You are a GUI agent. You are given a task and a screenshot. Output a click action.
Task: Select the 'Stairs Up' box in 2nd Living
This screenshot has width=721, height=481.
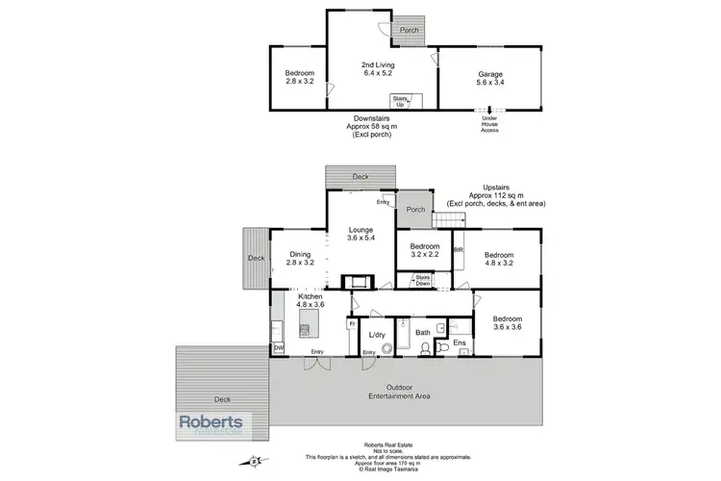click(399, 99)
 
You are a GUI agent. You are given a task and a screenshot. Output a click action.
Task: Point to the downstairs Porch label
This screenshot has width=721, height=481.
click(410, 28)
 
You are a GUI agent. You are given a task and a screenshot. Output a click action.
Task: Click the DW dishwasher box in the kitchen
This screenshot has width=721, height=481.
click(279, 348)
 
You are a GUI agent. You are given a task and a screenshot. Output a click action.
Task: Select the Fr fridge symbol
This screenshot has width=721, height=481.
click(352, 324)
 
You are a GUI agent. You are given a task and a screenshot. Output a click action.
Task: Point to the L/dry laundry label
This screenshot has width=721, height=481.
click(377, 335)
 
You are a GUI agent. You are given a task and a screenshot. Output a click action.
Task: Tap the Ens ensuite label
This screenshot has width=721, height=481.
click(459, 342)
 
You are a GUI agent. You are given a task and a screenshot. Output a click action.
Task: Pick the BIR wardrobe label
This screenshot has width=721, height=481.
click(458, 248)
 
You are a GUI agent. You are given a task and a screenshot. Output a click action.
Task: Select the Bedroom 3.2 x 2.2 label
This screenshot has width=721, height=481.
click(423, 252)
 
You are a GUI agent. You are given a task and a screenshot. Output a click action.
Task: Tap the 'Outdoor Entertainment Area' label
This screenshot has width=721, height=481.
click(404, 392)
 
